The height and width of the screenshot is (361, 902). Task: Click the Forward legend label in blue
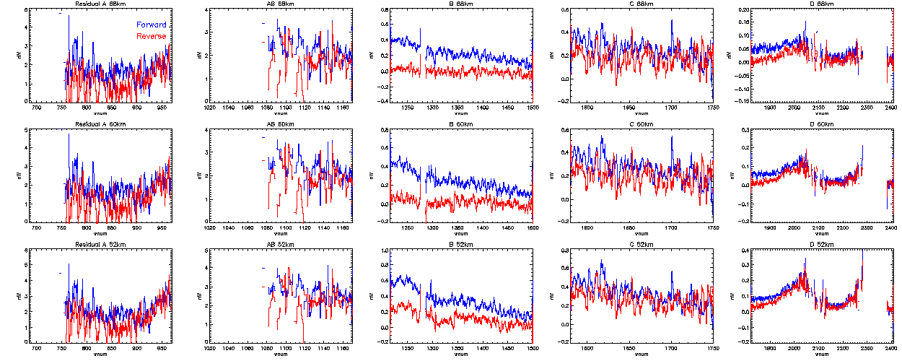click(x=151, y=25)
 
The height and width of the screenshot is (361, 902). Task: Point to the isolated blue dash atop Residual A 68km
click(x=60, y=14)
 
